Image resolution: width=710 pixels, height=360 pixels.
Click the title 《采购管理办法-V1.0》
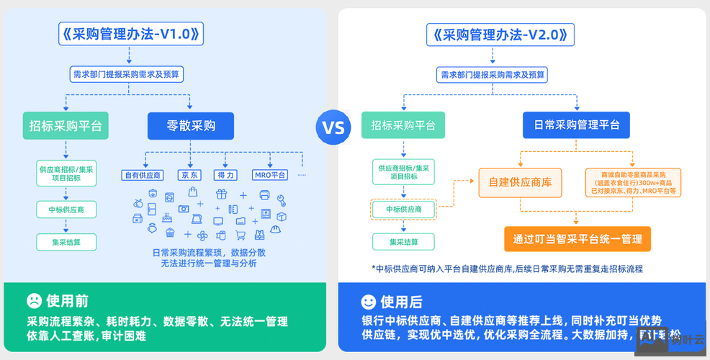click(x=130, y=34)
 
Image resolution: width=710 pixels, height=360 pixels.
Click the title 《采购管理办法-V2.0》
click(x=501, y=34)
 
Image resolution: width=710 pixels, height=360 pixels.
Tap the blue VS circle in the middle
click(x=333, y=128)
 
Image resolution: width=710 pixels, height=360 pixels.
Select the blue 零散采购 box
click(x=191, y=126)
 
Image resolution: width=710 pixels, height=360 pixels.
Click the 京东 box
click(x=190, y=175)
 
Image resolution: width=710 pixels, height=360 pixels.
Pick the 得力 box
click(x=225, y=175)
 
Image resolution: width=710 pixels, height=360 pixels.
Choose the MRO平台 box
click(x=270, y=175)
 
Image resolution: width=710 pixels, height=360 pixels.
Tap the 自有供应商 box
click(x=143, y=175)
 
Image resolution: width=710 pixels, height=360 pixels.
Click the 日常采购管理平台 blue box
click(x=576, y=125)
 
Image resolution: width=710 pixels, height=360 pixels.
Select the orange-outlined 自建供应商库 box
click(x=520, y=182)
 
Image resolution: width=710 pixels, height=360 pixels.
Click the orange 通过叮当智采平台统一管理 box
click(x=577, y=238)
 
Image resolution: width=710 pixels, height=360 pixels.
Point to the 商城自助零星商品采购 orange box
click(x=633, y=182)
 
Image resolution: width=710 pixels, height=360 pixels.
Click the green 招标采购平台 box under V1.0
click(x=66, y=126)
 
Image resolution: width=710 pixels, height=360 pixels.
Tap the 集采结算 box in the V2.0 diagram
click(x=403, y=242)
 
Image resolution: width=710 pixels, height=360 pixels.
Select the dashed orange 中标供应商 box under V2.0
click(x=403, y=210)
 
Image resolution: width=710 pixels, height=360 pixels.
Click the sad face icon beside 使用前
click(x=34, y=300)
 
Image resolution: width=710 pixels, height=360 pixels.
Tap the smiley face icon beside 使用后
click(x=368, y=301)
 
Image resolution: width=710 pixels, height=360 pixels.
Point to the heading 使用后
click(x=402, y=301)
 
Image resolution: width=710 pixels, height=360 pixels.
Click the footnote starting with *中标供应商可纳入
click(x=507, y=269)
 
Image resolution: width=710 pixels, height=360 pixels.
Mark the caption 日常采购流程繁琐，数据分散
click(x=209, y=253)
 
